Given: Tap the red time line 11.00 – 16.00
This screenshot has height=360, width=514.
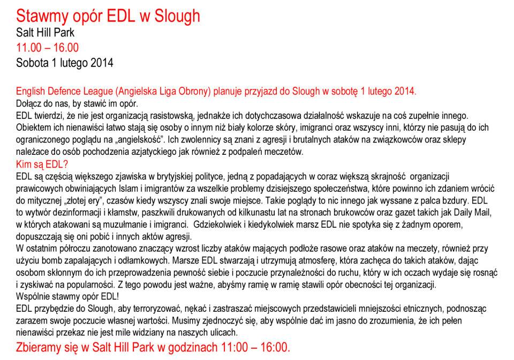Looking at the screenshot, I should pos(47,48).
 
